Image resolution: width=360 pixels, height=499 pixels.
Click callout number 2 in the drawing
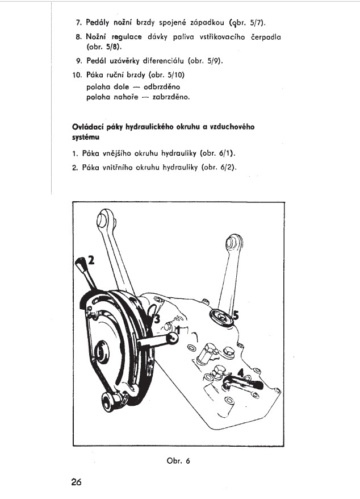coord(91,260)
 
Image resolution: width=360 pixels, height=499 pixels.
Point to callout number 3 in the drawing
coord(157,318)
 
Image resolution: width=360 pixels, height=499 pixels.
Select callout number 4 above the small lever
coord(241,372)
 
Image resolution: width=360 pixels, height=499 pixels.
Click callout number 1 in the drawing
coord(178,330)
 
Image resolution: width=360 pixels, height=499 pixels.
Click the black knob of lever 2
coord(80,263)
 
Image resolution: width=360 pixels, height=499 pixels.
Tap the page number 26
coord(76,481)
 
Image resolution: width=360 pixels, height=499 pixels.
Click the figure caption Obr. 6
coord(178,460)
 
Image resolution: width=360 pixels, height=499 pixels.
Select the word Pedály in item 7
coord(98,23)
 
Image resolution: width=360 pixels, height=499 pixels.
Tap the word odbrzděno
coord(162,87)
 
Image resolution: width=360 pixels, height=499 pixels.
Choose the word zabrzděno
coord(171,97)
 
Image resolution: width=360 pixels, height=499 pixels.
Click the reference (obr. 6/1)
coord(217,153)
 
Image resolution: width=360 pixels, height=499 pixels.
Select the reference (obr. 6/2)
coord(219,168)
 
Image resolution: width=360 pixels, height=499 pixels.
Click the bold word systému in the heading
coord(86,138)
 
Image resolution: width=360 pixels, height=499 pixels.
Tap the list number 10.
coord(77,75)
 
